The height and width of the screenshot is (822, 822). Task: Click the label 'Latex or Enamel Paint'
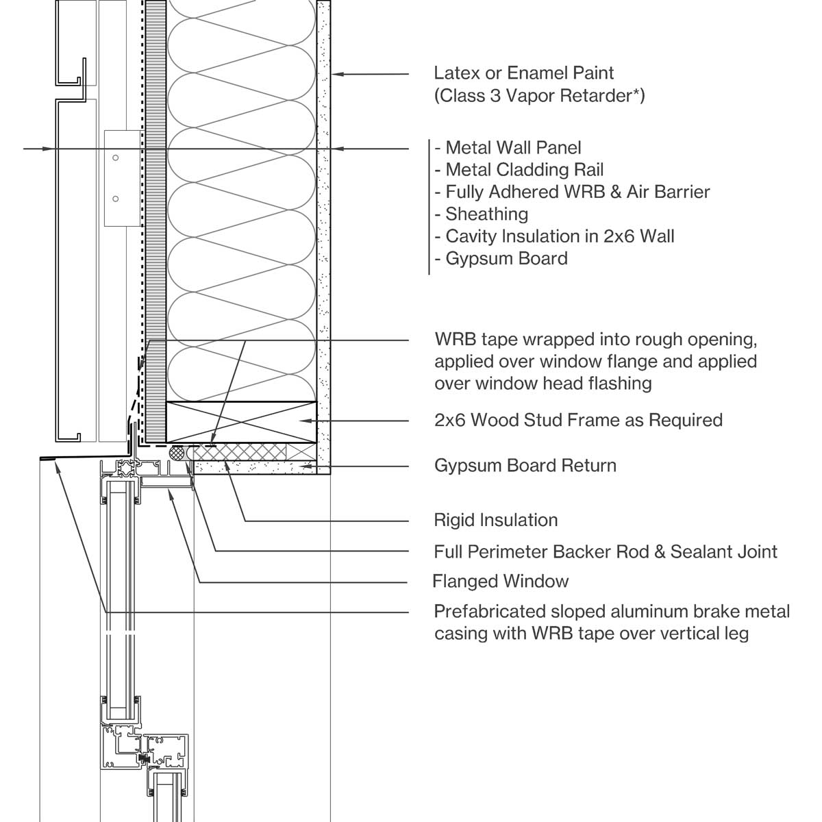524,73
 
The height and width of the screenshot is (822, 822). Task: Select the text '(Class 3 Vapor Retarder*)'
539,95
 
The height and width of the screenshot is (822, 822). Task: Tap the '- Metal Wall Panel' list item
508,147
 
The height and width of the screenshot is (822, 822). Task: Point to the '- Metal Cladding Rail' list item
519,170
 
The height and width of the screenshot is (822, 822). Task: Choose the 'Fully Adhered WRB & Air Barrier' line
572,192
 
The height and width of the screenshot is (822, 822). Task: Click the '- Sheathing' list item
481,214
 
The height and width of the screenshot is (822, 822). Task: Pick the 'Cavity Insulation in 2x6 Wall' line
554,236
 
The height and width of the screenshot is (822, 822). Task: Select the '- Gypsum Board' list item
501,259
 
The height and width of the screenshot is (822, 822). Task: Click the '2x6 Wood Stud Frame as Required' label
578,420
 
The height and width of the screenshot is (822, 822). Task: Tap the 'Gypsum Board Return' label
525,466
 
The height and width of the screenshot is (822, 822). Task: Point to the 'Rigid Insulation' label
496,520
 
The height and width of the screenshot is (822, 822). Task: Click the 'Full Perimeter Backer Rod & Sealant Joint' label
606,551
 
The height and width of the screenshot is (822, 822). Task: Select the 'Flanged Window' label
501,582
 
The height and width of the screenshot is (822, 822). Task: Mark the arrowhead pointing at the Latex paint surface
337,73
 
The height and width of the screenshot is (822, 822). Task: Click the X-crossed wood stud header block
241,421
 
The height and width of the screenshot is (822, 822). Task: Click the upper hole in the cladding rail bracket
116,158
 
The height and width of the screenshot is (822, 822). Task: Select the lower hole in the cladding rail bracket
116,199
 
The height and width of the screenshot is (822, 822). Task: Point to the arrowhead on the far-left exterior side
47,148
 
